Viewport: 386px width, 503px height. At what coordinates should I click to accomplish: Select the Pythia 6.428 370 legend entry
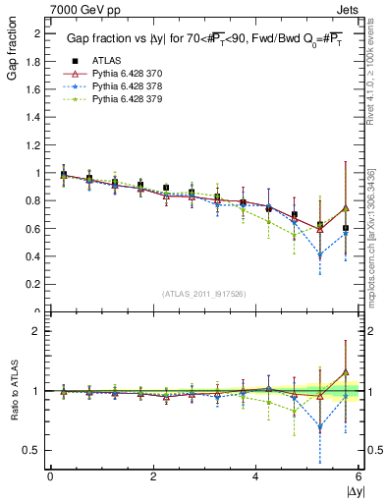122,74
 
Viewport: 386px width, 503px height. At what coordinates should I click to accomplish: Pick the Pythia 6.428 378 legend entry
122,86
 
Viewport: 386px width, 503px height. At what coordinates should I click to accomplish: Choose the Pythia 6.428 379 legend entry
122,99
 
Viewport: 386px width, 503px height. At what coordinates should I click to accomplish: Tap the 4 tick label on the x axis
255,476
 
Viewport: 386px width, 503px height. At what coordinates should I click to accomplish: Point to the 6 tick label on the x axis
358,476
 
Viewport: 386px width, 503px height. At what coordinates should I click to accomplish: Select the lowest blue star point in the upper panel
320,255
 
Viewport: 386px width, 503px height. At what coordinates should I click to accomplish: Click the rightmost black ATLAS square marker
346,228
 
